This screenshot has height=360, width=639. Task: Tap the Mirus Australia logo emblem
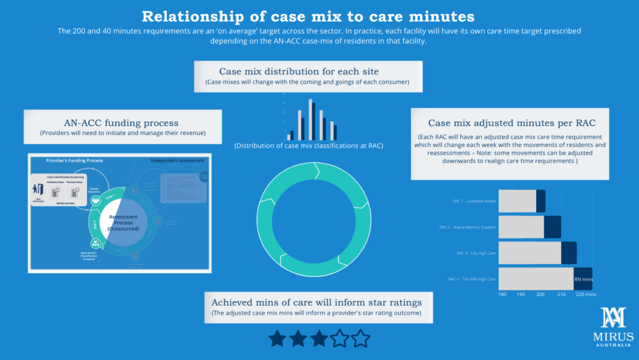[x=616, y=318]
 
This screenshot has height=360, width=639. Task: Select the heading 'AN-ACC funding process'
[x=121, y=123]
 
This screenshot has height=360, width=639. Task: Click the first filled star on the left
[x=278, y=338]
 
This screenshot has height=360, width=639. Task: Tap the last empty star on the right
[x=360, y=338]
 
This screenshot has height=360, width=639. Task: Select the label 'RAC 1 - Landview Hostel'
[x=473, y=201]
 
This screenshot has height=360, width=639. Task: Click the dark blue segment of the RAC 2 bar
[x=552, y=227]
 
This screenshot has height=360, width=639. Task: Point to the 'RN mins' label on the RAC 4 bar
[x=583, y=279]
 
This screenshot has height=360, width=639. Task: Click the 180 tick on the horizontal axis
[x=502, y=295]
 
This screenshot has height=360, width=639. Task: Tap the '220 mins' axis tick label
[x=586, y=295]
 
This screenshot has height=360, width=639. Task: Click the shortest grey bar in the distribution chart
[x=289, y=136]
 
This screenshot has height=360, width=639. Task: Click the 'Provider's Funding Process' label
[x=74, y=160]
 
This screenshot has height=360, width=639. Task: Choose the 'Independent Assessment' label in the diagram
[x=177, y=160]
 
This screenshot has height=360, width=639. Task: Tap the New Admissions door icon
[x=38, y=190]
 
